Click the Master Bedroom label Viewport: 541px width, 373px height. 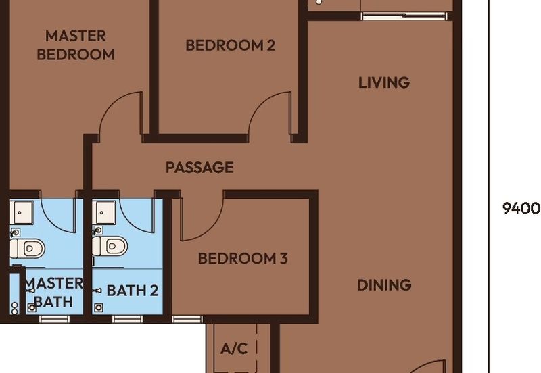tap(76, 45)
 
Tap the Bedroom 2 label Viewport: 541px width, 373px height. tap(231, 45)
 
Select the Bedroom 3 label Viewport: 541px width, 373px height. tap(243, 258)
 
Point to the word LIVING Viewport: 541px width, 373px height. tap(384, 82)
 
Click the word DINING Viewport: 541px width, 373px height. tap(384, 285)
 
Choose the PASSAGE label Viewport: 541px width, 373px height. tap(199, 168)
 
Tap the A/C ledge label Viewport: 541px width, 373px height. tap(234, 349)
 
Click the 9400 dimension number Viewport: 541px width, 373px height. tap(521, 208)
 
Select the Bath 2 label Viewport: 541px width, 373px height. tap(133, 291)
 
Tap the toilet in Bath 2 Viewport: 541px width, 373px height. tap(110, 246)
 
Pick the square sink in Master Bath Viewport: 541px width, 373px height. tap(22, 212)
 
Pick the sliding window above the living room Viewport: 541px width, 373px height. tap(404, 16)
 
